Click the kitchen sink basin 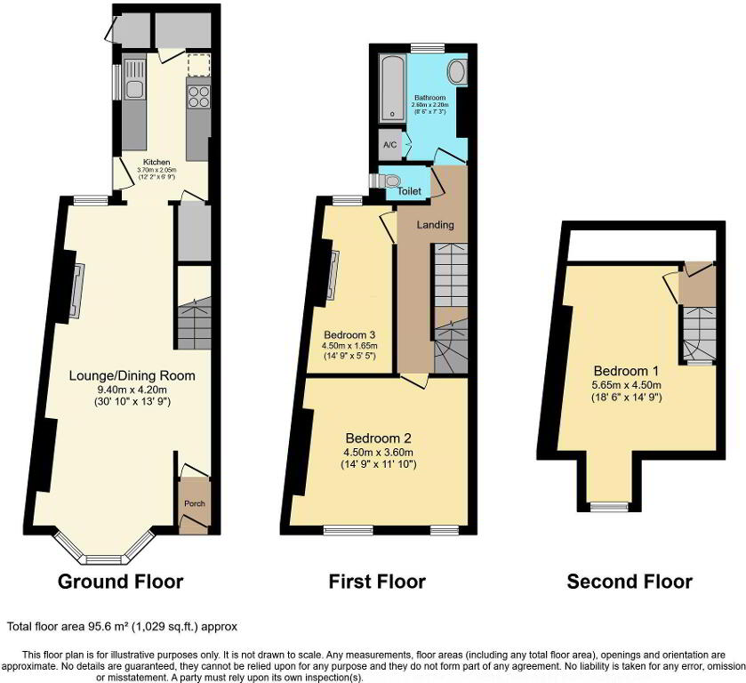134,90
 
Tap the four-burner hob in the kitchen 199,96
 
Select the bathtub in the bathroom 392,86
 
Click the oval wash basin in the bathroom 457,72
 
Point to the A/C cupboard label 390,145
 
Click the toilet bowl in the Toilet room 392,181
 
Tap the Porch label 195,503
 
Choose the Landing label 436,225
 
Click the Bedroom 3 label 349,335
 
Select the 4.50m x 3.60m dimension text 379,452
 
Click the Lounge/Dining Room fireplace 77,290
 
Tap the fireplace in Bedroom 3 333,275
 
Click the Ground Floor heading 120,582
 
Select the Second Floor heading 630,582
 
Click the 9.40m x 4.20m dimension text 132,390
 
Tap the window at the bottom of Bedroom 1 609,508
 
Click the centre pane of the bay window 105,559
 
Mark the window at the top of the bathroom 428,48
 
